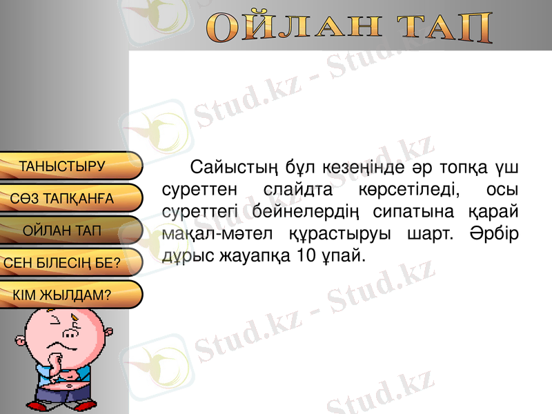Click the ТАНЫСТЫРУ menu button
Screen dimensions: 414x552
click(63, 166)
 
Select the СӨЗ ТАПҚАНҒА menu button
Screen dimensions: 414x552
click(63, 199)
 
